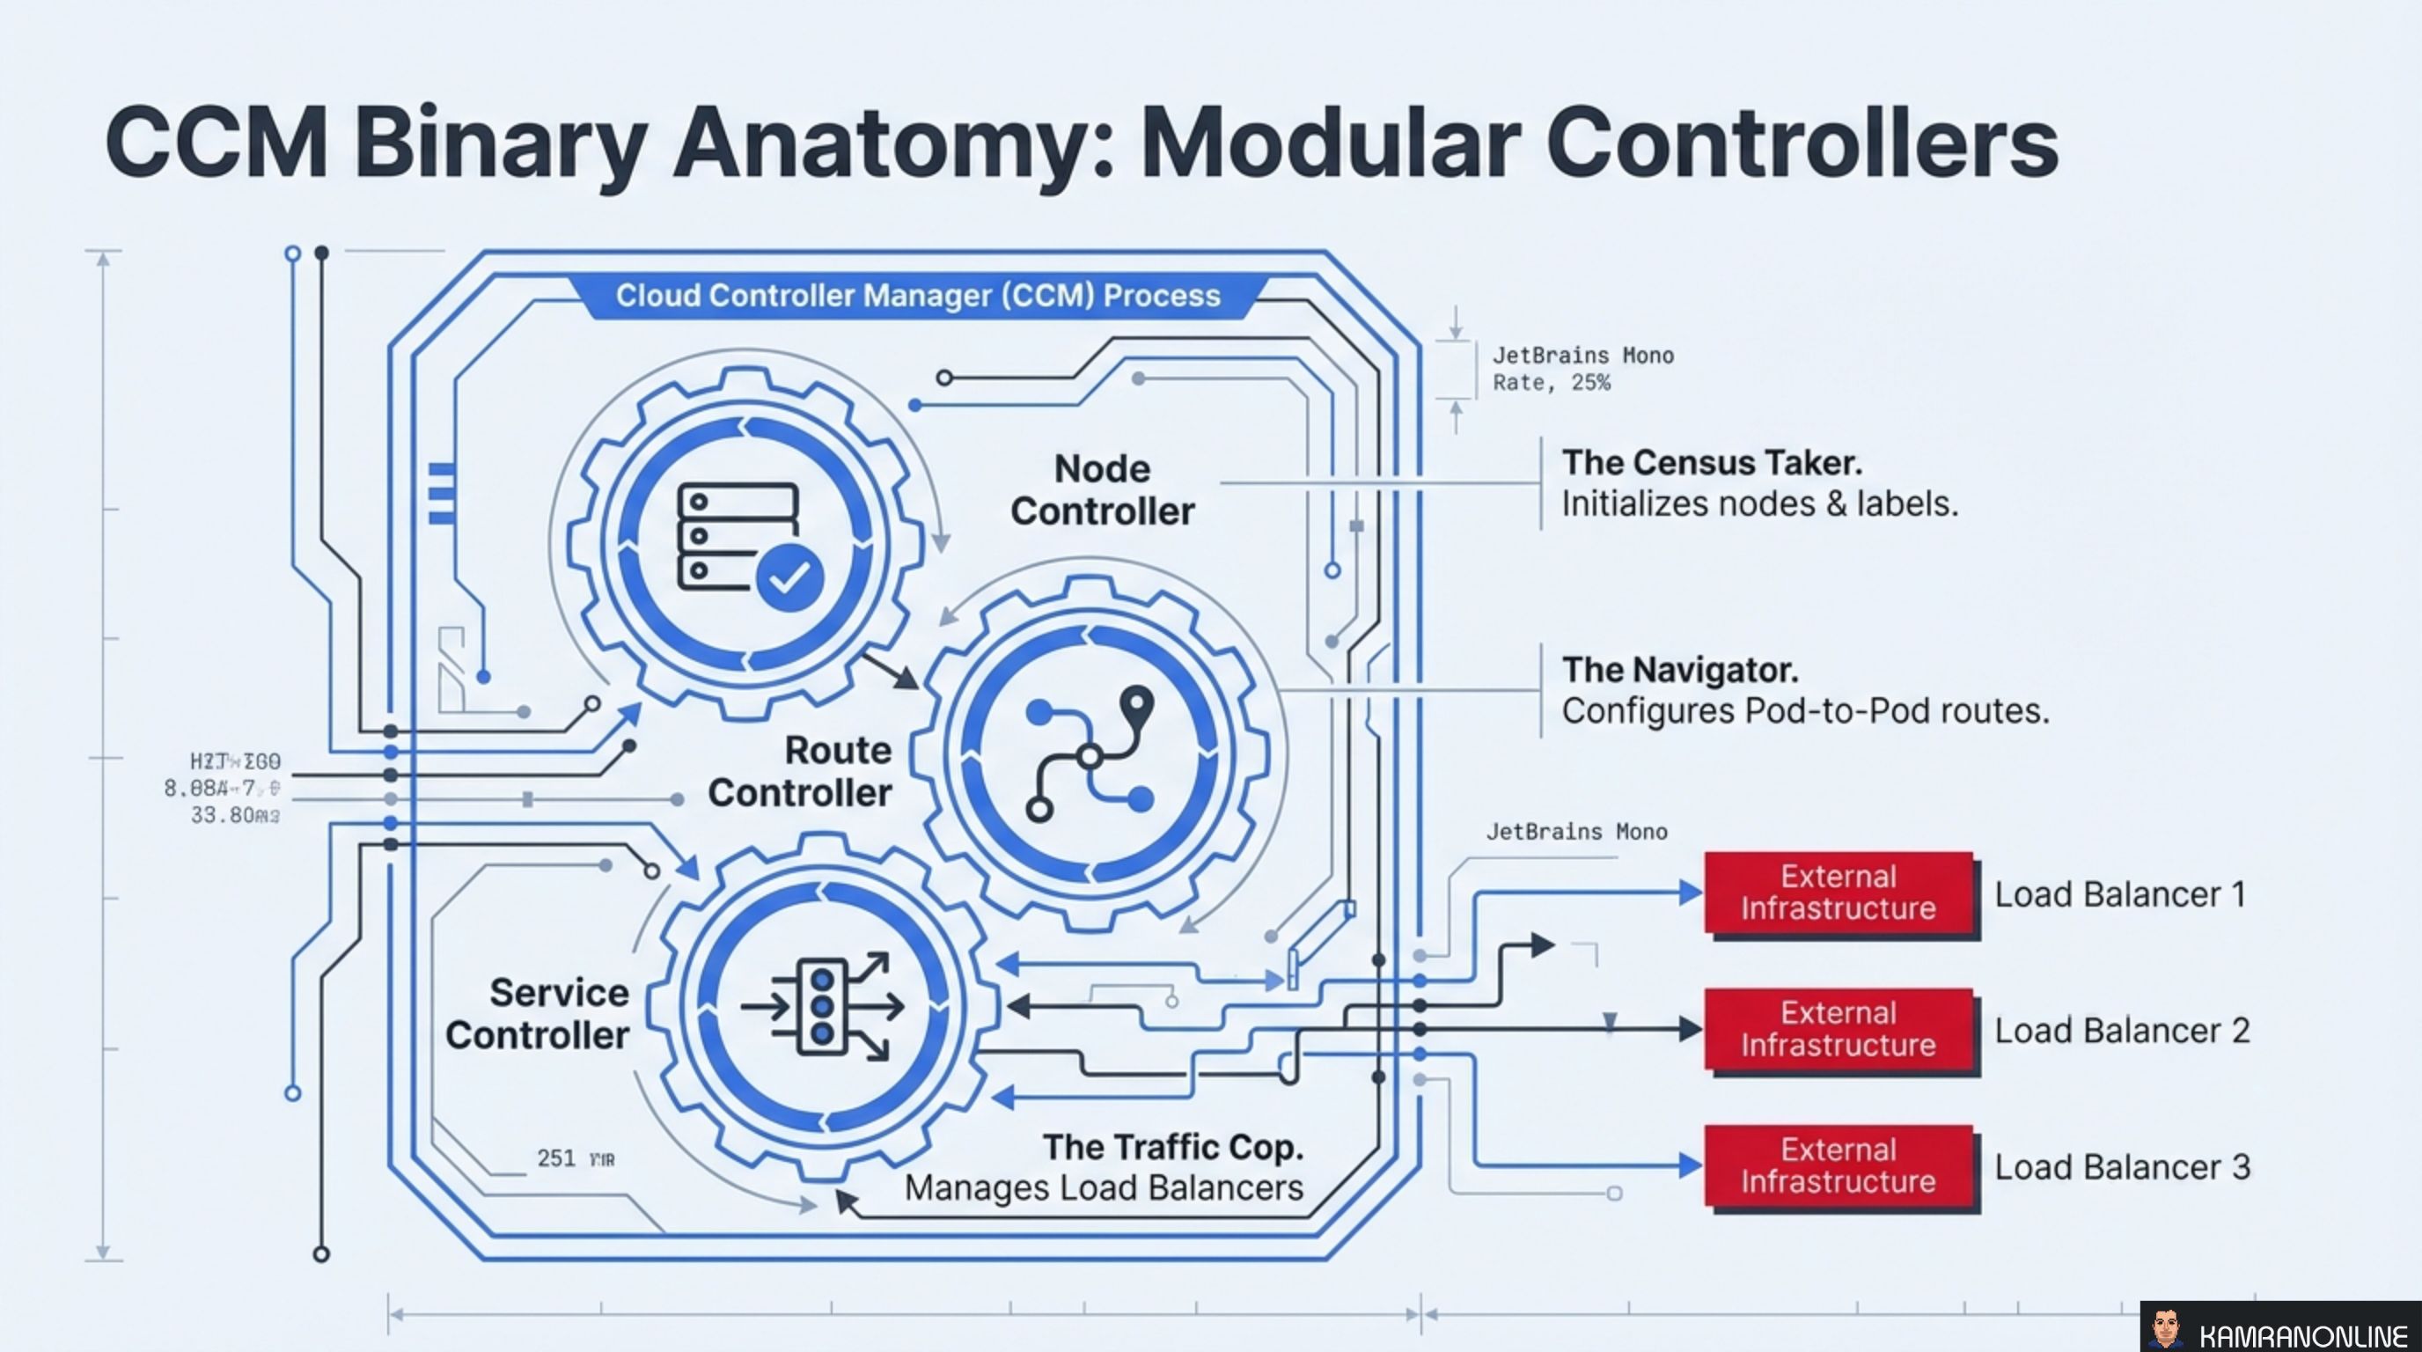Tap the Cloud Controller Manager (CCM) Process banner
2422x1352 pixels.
tap(918, 295)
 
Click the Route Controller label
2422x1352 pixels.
tap(799, 771)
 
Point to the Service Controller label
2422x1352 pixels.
tap(538, 1013)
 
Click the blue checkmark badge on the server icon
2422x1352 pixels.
tap(789, 577)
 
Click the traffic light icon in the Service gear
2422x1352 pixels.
tap(822, 1006)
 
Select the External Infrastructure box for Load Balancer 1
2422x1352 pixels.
tap(1839, 893)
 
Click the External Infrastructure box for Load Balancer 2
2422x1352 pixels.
tap(1839, 1029)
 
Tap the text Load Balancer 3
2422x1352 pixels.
tap(2122, 1167)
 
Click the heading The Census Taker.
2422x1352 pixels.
tap(1711, 463)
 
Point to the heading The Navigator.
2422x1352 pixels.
tap(1679, 670)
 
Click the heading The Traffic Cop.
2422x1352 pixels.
tap(1172, 1147)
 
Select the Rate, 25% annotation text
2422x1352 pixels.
tap(1552, 383)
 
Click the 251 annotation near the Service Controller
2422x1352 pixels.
tap(555, 1158)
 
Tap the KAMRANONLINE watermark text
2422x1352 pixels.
tap(2302, 1335)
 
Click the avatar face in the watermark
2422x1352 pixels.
tap(2165, 1327)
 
